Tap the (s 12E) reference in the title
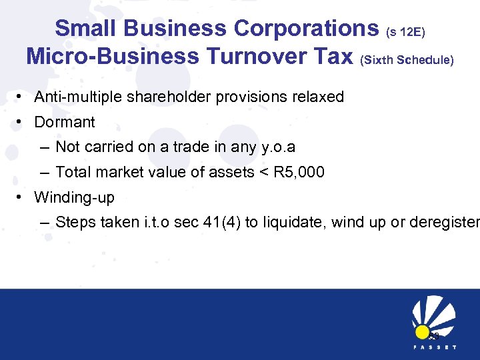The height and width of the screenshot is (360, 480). pos(405,32)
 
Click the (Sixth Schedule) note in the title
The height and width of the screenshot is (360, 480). pos(407,60)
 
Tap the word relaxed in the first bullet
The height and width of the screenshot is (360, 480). pos(318,97)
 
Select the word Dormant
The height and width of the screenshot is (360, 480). pos(65,123)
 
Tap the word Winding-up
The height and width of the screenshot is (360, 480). pos(74,197)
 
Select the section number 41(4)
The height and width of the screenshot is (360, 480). pos(221,222)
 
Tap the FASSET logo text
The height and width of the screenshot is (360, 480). pos(433,347)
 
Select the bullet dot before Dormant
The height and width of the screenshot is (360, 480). pos(21,123)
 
